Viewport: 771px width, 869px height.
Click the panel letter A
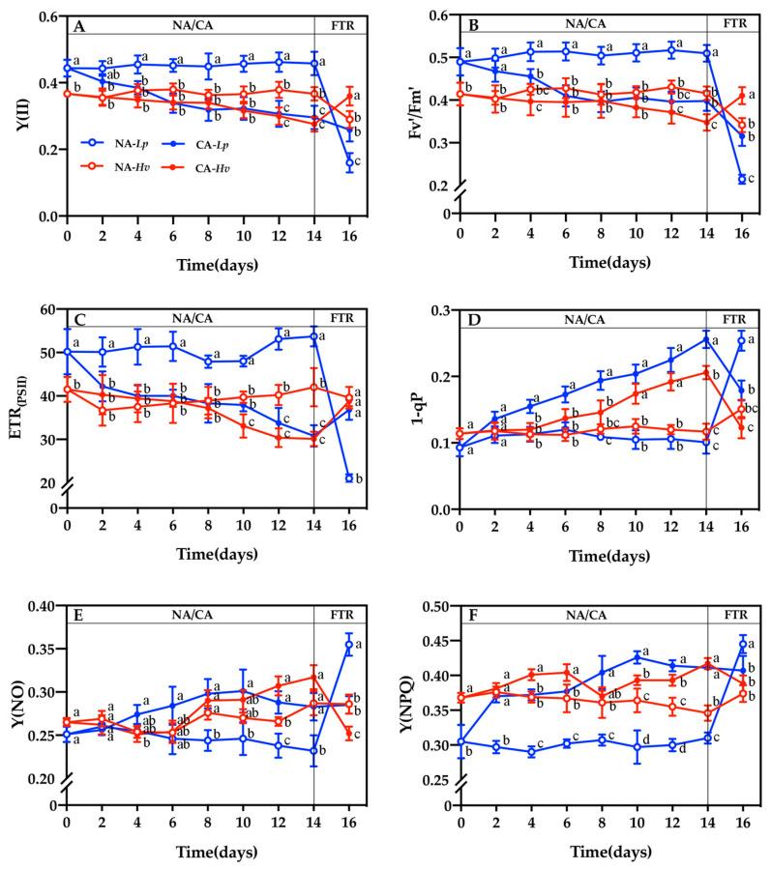pyautogui.click(x=81, y=27)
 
